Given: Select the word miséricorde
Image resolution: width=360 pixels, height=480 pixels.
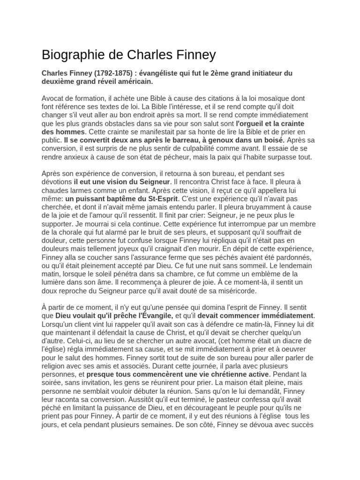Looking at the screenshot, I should (229, 291).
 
